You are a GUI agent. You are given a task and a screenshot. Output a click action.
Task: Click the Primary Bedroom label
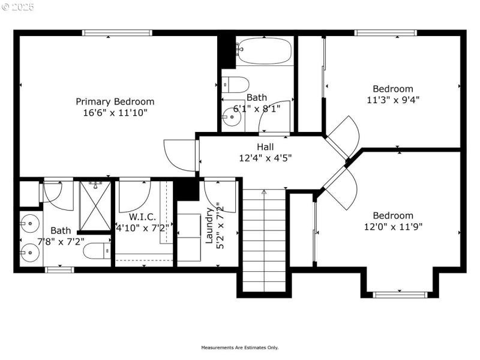tap(115, 101)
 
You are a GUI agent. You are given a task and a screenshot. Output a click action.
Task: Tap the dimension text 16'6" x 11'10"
tap(115, 112)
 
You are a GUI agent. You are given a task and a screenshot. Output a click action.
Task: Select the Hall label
tap(265, 147)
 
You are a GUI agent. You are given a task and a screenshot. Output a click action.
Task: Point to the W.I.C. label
tap(142, 216)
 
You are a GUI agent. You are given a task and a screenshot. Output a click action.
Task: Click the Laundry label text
tap(209, 226)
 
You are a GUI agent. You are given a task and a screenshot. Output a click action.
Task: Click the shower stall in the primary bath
tap(95, 205)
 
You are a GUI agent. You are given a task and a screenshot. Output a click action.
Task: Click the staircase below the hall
tap(264, 240)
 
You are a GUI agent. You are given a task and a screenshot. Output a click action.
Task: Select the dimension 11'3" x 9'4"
tap(393, 100)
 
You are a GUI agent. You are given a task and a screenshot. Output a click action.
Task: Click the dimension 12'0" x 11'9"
tap(393, 227)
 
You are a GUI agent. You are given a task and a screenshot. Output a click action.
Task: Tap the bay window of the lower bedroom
tap(400, 294)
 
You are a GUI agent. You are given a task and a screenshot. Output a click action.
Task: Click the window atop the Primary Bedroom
tap(116, 33)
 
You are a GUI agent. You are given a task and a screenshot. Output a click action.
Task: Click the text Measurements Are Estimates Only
tap(239, 347)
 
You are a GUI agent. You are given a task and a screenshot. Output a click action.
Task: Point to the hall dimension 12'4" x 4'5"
tap(265, 158)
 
